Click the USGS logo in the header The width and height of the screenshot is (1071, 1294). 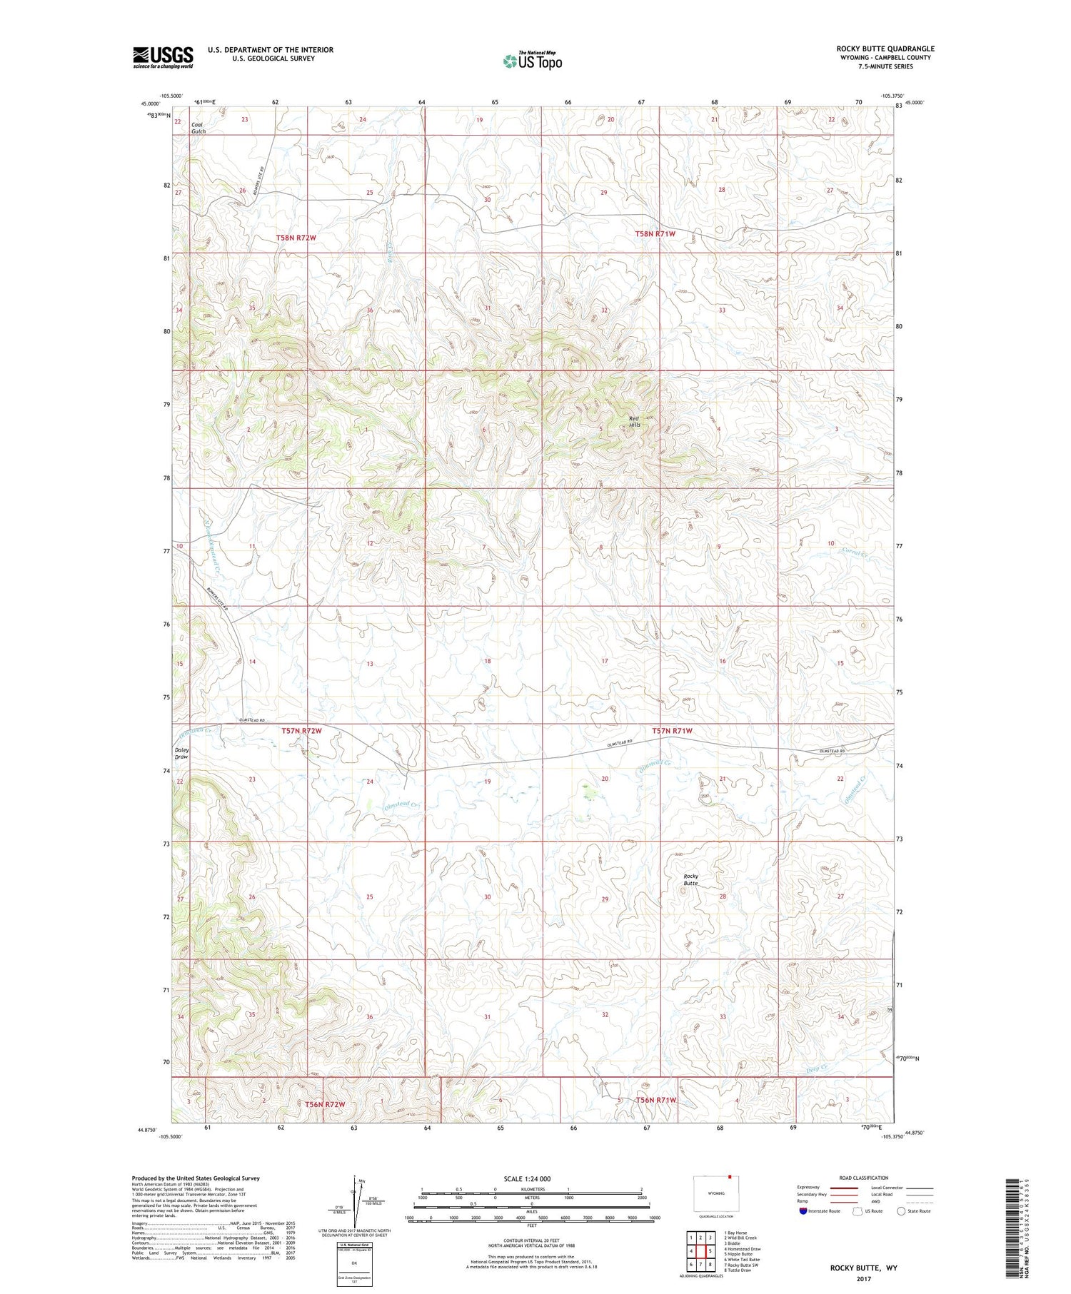[163, 57]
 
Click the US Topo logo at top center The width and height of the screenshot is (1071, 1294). [533, 61]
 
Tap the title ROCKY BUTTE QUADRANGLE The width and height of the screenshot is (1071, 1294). [885, 49]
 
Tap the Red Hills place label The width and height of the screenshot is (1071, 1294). [634, 421]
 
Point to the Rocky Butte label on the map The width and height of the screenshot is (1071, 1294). [690, 879]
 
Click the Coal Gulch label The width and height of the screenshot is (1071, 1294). [198, 128]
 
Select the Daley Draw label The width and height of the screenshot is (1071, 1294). [181, 754]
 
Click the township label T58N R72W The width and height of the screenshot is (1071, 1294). [296, 236]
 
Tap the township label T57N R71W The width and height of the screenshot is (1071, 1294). [672, 731]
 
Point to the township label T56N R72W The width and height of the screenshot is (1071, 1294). [325, 1104]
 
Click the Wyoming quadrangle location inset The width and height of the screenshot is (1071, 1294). [716, 1193]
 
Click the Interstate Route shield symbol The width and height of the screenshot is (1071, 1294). [803, 1210]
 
